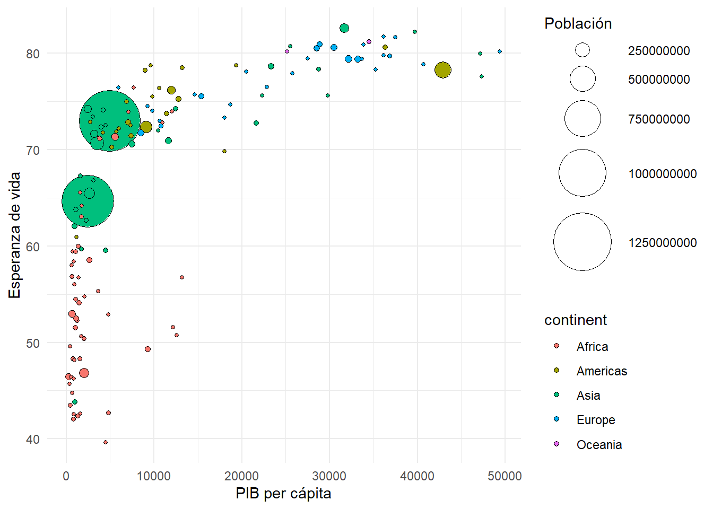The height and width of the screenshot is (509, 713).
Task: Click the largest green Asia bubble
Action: coord(110,121)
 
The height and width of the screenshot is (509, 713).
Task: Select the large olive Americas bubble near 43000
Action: coord(443,70)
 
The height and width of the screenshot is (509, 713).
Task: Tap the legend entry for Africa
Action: coord(592,347)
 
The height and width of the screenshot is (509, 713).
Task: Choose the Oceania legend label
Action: coord(599,445)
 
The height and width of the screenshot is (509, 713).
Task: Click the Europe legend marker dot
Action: coord(557,419)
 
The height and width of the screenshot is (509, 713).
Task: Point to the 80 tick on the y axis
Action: coord(33,54)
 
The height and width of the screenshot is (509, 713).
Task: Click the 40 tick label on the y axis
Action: coord(33,440)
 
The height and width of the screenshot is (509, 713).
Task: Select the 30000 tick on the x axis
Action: coord(329,476)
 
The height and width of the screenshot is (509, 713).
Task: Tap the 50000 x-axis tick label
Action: coord(505,476)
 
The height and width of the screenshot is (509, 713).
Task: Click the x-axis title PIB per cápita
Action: coord(283,494)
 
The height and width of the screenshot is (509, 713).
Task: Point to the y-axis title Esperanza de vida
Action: coord(15,235)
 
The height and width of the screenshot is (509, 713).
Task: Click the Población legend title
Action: coord(578,24)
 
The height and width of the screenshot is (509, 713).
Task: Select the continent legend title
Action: coord(575,320)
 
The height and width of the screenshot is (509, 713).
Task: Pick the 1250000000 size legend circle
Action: coord(582,242)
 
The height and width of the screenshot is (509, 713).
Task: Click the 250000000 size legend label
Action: coord(659,51)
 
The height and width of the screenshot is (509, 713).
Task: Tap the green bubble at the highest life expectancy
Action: coord(344,28)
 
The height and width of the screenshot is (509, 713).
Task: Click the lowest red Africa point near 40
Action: coord(106,442)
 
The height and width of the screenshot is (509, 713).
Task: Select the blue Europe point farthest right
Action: coord(500,51)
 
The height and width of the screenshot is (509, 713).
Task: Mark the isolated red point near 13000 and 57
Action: coord(182,277)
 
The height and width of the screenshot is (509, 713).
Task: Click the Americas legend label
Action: coord(602,371)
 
